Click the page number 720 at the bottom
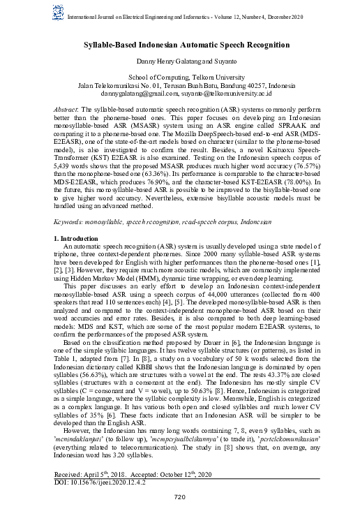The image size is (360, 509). (180, 496)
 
